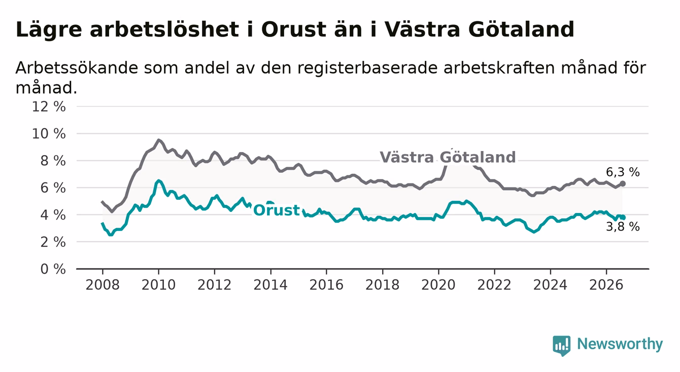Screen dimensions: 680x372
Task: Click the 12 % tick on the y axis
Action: pyautogui.click(x=49, y=107)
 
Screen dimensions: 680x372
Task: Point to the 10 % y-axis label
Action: pyautogui.click(x=49, y=134)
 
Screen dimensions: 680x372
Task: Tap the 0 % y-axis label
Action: pyautogui.click(x=53, y=269)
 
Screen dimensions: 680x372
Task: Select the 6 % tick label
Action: pyautogui.click(x=53, y=188)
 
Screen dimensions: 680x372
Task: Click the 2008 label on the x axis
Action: pyautogui.click(x=103, y=285)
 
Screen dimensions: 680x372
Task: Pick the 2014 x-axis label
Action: pyautogui.click(x=270, y=285)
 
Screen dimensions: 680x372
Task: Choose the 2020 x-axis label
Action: pyautogui.click(x=438, y=285)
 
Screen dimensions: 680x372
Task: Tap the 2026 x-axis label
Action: pyautogui.click(x=606, y=285)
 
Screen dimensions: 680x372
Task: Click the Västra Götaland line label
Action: pyautogui.click(x=448, y=157)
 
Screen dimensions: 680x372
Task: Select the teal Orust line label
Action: pyautogui.click(x=277, y=210)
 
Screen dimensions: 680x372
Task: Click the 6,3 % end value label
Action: pyautogui.click(x=623, y=172)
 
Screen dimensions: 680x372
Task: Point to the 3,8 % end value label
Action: pyautogui.click(x=623, y=227)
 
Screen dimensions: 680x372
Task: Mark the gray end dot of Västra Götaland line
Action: pyautogui.click(x=623, y=184)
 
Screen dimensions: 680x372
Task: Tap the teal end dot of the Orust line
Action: pyautogui.click(x=623, y=217)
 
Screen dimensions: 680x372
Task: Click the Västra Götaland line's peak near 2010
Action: pyautogui.click(x=158, y=140)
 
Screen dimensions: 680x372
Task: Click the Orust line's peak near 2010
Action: pyautogui.click(x=158, y=181)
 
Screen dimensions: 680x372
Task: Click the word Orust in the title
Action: pyautogui.click(x=294, y=30)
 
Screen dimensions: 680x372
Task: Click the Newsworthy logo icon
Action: pyautogui.click(x=562, y=346)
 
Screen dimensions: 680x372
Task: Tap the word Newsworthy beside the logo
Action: pyautogui.click(x=620, y=344)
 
